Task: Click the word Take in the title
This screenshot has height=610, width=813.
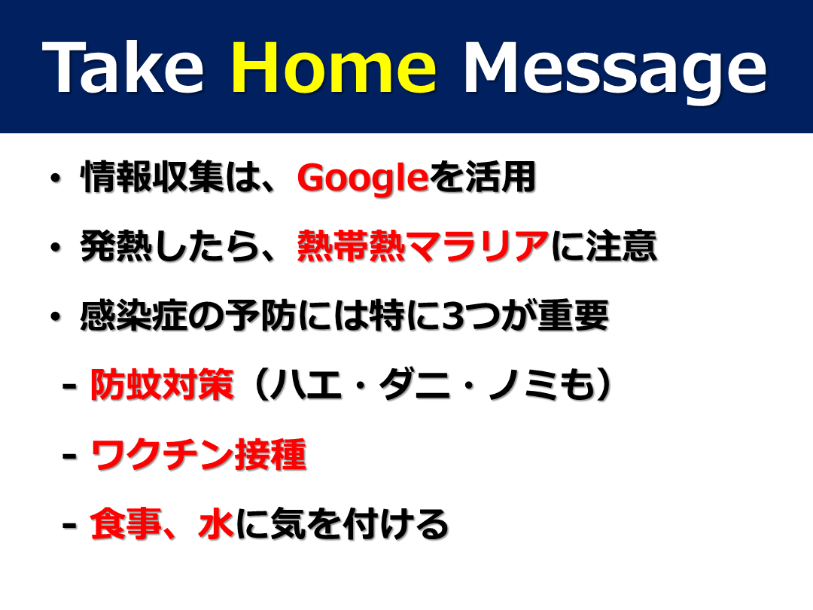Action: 123,68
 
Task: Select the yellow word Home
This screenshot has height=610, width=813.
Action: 334,68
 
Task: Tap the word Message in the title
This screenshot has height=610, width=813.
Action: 616,72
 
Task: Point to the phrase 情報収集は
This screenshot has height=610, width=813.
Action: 154,177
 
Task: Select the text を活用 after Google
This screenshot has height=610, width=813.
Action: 483,177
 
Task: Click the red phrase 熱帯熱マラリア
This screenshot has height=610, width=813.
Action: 422,246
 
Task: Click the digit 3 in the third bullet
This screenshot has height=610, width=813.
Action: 453,316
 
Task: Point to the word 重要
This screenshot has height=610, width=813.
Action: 573,316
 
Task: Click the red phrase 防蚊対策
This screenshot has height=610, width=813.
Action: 162,385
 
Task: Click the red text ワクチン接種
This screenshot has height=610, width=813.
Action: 199,454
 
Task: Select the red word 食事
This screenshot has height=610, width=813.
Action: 126,524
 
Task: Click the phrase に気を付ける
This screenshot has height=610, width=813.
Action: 342,524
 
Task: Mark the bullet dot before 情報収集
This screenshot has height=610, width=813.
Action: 55,179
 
